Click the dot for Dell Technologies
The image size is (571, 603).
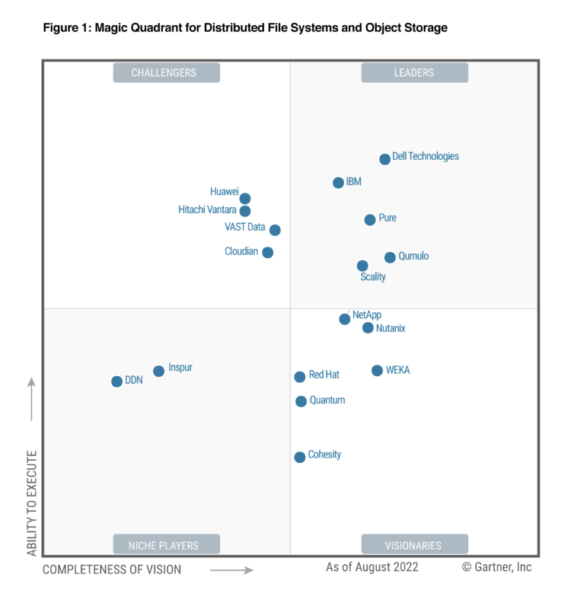click(385, 159)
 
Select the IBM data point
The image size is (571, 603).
click(339, 183)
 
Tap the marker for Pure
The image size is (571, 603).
click(370, 220)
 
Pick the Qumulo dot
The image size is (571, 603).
click(390, 257)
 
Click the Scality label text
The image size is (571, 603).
click(373, 277)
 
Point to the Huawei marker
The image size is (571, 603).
click(245, 199)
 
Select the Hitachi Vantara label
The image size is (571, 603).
click(207, 210)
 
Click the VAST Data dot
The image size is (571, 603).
click(275, 230)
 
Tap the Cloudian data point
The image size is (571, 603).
click(268, 253)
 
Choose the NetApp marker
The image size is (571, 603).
click(345, 319)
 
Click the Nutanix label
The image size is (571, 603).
click(391, 328)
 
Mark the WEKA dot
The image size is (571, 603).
click(378, 371)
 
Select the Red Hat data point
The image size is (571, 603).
click(300, 377)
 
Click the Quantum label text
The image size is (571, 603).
click(327, 400)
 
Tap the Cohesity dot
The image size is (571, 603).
click(300, 457)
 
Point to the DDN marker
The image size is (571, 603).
click(116, 381)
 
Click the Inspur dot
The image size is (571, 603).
click(158, 372)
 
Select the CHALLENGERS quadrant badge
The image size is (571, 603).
click(166, 73)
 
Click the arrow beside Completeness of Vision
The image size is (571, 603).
click(231, 569)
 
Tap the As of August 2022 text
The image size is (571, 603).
click(372, 567)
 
